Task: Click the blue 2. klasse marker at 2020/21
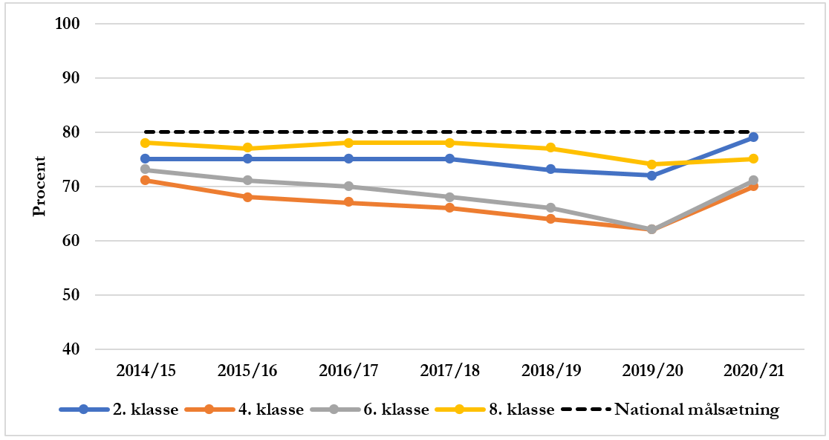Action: pos(752,137)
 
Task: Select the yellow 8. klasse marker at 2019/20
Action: pos(651,164)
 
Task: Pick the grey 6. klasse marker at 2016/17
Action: pos(348,187)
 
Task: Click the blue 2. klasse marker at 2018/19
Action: pos(550,169)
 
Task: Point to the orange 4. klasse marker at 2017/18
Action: pos(449,208)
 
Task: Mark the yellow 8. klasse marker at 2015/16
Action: pos(247,148)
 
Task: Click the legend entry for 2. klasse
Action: pos(119,410)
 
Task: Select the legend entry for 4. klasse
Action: pos(244,410)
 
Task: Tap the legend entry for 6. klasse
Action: pos(370,410)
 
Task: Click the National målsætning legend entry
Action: pos(669,410)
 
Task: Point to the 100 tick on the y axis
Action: pos(68,24)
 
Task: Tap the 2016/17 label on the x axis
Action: pos(348,370)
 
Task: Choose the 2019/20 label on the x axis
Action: pos(651,370)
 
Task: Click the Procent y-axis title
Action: pos(39,187)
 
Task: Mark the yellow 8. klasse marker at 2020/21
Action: pos(752,159)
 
